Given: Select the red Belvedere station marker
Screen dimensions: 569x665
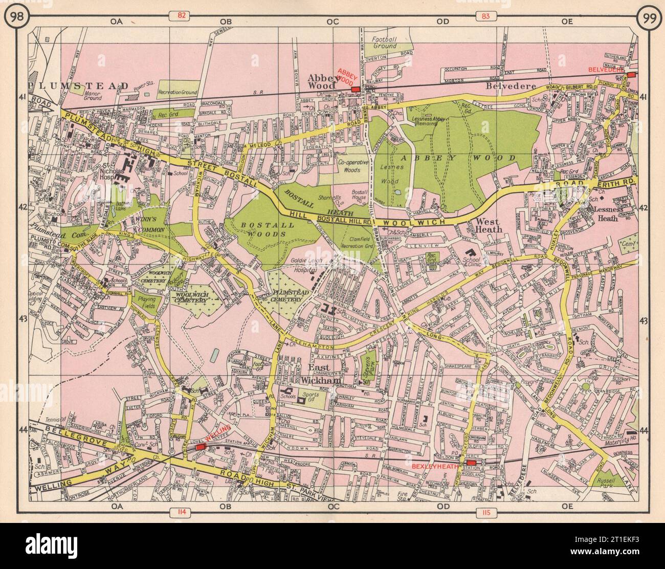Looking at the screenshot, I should point(631,75).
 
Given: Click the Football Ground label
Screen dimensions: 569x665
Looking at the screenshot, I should point(384,42).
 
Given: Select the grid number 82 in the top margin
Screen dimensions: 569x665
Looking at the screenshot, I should point(181,16).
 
